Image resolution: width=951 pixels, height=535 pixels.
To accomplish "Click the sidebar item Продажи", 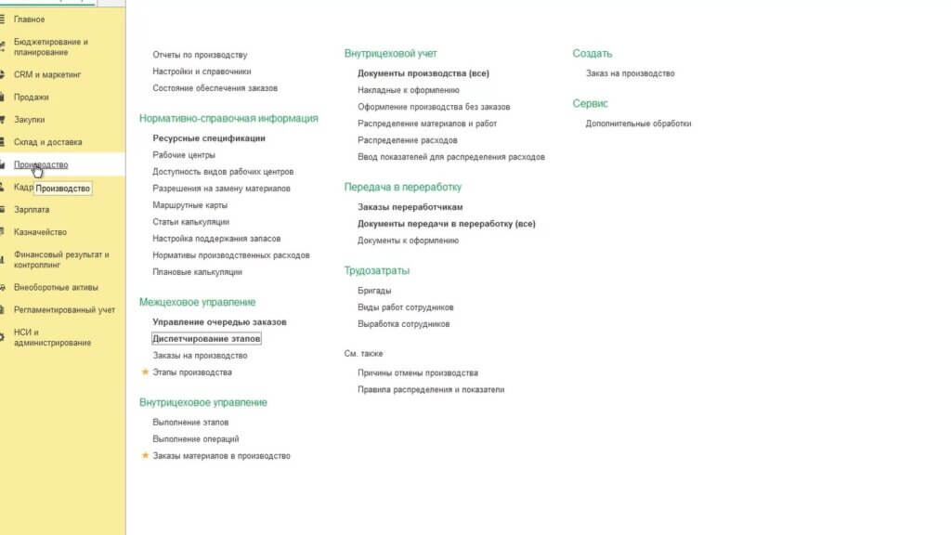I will click(x=32, y=97).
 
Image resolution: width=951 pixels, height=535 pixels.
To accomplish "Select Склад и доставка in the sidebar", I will click(x=47, y=142).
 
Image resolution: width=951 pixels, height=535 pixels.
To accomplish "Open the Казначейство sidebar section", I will click(x=39, y=232).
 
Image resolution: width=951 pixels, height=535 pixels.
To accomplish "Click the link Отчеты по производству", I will click(x=200, y=55).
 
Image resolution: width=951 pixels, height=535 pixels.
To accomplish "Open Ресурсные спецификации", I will click(x=209, y=138).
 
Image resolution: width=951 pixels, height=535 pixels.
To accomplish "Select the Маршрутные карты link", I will click(x=189, y=205).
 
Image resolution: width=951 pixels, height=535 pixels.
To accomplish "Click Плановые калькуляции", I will click(x=197, y=272).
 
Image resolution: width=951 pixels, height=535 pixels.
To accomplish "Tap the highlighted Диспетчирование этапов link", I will click(x=206, y=339).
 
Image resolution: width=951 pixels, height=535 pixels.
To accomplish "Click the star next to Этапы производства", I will click(x=145, y=372).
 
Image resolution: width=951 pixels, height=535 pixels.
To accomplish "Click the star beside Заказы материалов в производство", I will click(x=145, y=456).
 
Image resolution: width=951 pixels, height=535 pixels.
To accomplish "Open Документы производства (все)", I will click(x=423, y=73).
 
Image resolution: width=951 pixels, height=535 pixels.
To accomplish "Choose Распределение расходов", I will click(x=407, y=140).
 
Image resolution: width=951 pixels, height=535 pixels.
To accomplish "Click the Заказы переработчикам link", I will click(x=410, y=207).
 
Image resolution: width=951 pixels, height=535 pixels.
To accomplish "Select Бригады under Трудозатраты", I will click(x=374, y=291).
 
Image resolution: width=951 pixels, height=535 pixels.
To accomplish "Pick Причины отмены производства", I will click(x=417, y=372).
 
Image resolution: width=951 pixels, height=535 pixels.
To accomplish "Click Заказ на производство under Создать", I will click(x=630, y=73).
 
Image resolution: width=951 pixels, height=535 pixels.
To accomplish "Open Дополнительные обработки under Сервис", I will click(x=638, y=124).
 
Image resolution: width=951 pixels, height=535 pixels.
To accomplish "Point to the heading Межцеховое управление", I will click(x=197, y=303).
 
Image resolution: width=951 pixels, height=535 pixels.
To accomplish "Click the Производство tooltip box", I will click(x=63, y=189).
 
